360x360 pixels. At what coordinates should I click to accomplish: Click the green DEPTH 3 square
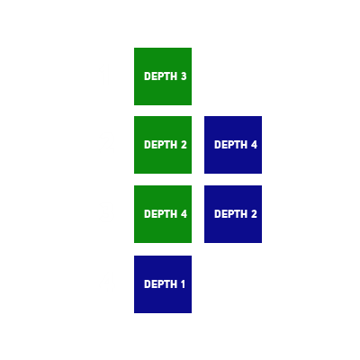point(163,76)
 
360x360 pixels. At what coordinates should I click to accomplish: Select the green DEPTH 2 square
point(163,145)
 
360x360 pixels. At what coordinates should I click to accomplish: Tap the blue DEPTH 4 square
point(233,145)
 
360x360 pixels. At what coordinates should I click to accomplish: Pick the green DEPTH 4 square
point(163,214)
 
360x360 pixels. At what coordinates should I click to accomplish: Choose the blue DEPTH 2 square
point(233,214)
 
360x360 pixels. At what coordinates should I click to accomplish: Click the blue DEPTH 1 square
point(163,284)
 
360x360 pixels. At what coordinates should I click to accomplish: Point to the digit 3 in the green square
point(184,76)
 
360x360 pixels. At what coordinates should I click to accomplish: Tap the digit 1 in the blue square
point(183,284)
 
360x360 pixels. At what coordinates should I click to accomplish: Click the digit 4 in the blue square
point(254,145)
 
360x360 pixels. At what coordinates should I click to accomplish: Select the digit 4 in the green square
point(184,214)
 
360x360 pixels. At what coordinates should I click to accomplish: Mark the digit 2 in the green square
point(184,145)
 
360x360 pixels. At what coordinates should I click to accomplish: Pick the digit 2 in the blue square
point(254,214)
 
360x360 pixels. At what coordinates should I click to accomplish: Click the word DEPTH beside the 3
point(160,76)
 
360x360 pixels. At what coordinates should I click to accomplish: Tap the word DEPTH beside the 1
point(160,284)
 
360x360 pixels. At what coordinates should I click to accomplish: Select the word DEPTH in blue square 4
point(230,145)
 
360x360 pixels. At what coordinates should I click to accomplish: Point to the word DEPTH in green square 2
point(160,145)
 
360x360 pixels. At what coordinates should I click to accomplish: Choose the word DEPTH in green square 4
point(160,214)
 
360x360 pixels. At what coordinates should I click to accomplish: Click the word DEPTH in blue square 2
point(230,214)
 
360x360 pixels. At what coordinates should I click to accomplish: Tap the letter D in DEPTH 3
point(147,76)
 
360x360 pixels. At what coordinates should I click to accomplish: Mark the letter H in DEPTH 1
point(174,284)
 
